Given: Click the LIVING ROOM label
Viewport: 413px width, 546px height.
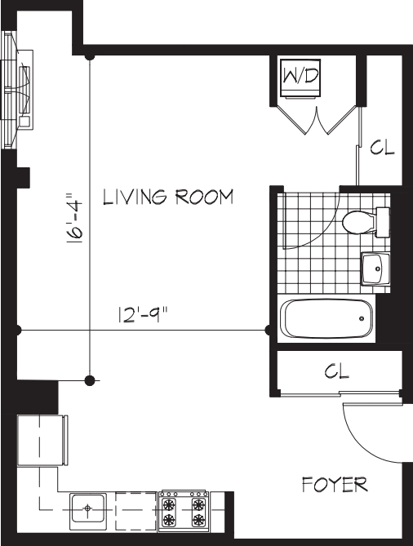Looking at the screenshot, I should pos(168,198).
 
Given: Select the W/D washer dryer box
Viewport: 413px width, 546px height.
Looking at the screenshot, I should pos(300,78).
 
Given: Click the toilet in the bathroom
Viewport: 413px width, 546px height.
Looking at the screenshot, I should pos(364,221).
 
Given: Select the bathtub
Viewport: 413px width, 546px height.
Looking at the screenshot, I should pos(326,319).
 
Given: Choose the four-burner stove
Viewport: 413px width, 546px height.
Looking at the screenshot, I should pos(183,510).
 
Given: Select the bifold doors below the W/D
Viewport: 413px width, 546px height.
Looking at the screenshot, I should pos(315,121).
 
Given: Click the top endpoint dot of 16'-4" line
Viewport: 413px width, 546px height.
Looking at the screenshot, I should pos(90,57).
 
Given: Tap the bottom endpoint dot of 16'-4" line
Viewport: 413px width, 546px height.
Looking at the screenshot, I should pos(90,380).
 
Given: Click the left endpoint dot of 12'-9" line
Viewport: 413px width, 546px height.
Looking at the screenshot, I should pos(17,330).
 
